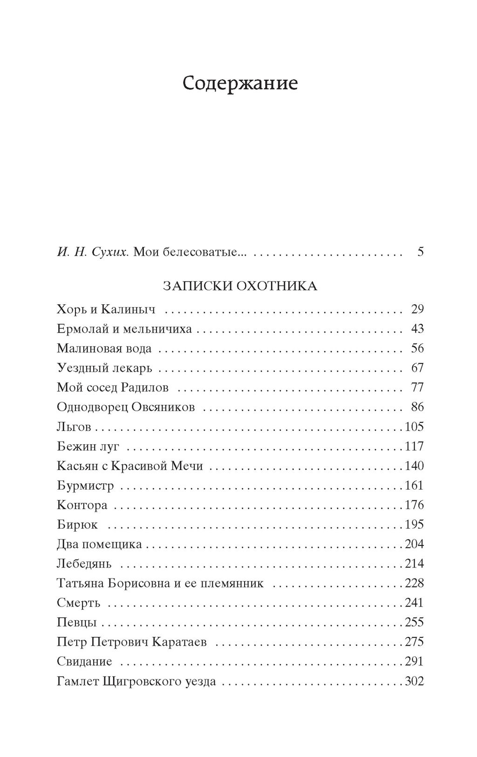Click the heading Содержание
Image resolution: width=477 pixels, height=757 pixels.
point(240,84)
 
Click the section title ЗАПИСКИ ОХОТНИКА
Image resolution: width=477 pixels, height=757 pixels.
point(240,286)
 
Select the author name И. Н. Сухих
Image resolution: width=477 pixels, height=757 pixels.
point(93,252)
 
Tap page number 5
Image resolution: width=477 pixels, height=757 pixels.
point(421,252)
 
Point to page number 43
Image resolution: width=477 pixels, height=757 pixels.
point(417,329)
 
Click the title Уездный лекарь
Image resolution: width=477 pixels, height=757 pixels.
point(104,368)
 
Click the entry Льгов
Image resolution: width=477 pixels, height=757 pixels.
point(74,427)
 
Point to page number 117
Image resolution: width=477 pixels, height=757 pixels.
point(414,446)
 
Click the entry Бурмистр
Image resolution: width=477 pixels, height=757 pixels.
point(85,485)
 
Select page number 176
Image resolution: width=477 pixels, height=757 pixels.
point(414,505)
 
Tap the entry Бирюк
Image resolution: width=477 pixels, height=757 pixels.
point(77,525)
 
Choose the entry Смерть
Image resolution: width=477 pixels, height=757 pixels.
point(78,603)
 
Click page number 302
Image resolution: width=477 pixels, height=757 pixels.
point(414,681)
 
